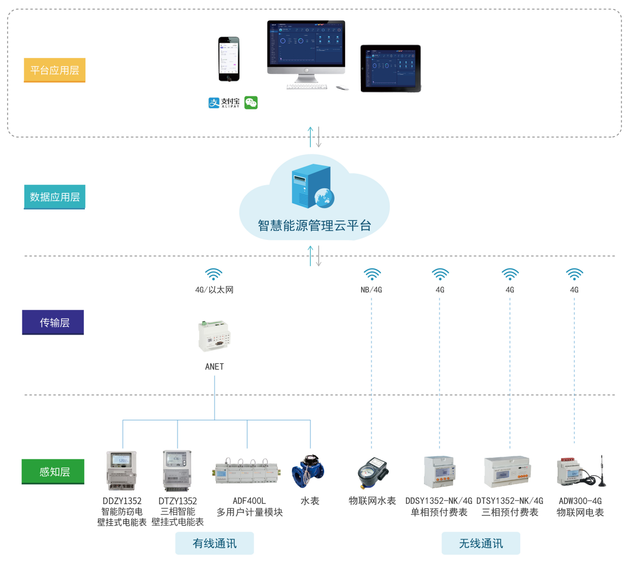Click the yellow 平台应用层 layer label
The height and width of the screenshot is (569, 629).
click(55, 70)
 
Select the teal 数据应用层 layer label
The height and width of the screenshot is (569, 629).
click(55, 197)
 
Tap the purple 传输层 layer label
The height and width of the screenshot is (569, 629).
click(53, 323)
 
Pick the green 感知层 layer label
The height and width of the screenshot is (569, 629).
click(53, 472)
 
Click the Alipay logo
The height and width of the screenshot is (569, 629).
click(224, 103)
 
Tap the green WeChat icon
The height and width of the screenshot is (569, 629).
click(251, 103)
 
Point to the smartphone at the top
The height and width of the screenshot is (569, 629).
click(229, 59)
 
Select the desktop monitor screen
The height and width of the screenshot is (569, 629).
click(306, 43)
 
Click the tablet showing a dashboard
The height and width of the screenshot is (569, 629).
click(391, 69)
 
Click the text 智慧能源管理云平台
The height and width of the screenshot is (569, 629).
click(314, 226)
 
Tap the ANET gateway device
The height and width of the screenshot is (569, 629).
click(214, 336)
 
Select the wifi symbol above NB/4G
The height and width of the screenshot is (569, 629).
click(372, 274)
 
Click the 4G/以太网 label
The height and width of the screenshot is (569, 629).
click(214, 290)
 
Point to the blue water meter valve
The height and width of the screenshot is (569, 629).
click(308, 470)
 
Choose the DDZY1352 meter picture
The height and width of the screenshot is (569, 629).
click(122, 470)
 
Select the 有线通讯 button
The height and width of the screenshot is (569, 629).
click(214, 544)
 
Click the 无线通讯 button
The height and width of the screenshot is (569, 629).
click(481, 544)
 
